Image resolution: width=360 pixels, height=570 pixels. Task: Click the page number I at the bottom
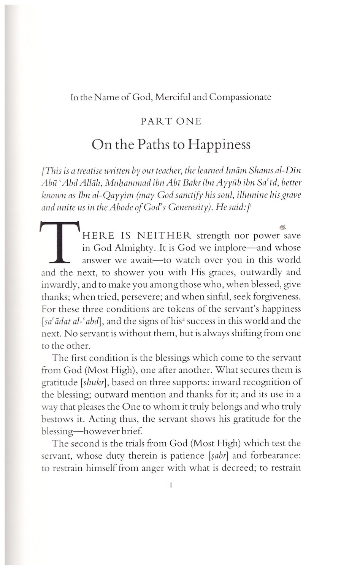click(x=171, y=485)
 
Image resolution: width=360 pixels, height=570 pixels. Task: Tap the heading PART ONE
click(x=171, y=122)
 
